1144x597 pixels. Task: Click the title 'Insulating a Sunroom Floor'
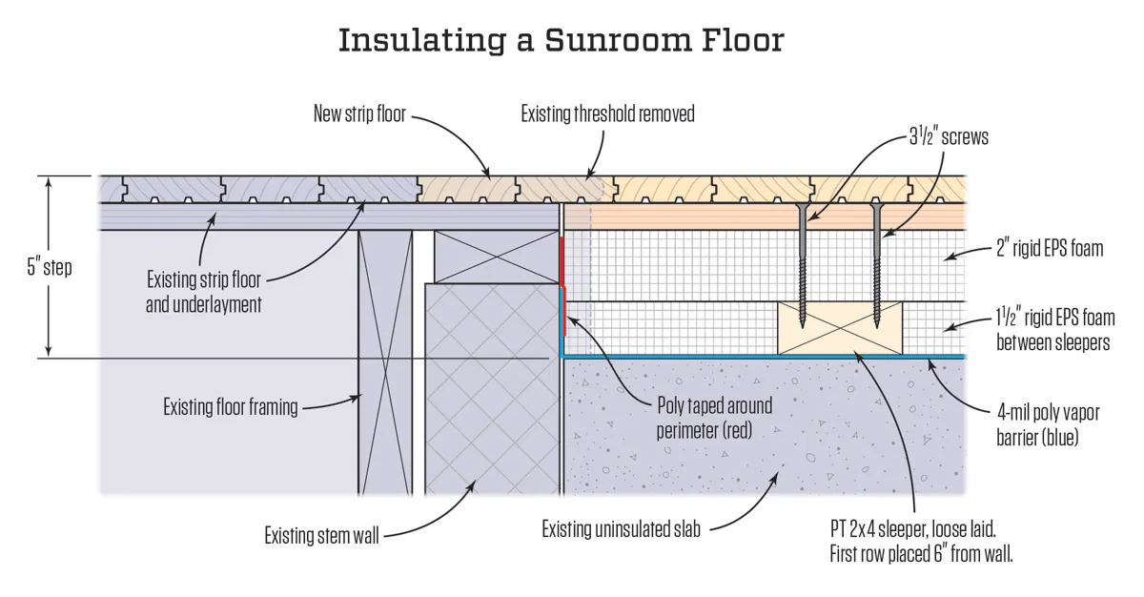[562, 41]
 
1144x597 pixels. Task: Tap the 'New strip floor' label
[359, 114]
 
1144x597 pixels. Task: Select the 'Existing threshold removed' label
[607, 114]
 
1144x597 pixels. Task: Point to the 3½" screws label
[948, 136]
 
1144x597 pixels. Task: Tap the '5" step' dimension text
[50, 267]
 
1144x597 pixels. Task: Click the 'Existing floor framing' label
[231, 407]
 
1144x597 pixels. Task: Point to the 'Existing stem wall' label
[321, 536]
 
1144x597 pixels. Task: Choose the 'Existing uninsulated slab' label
[621, 528]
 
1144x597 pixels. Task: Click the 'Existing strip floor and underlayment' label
[203, 293]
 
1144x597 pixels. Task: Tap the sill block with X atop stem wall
[496, 256]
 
